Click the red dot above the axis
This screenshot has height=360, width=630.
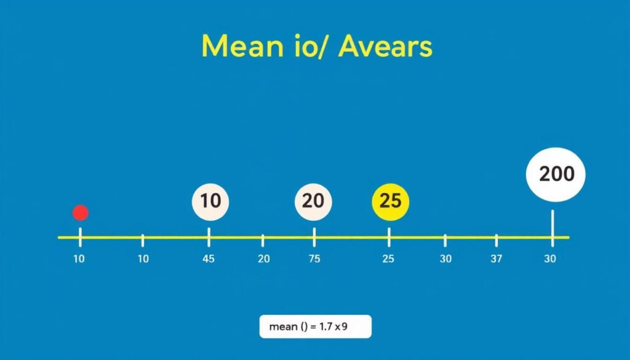tap(81, 213)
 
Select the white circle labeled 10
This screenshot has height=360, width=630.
tap(210, 201)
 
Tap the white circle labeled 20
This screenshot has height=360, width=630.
tap(314, 201)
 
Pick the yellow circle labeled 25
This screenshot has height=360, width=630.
tap(391, 201)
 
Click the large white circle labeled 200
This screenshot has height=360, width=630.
tap(556, 174)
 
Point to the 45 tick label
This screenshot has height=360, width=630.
tap(209, 259)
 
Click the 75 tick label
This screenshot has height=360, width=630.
tap(314, 259)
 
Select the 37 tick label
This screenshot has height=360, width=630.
tap(496, 259)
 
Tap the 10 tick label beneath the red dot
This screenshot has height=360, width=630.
tap(79, 259)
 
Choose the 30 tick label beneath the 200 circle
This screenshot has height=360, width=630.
tap(550, 259)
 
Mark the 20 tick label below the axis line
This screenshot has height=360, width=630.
tap(263, 259)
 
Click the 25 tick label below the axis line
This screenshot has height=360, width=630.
tap(388, 259)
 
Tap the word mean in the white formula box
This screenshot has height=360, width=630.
tap(282, 327)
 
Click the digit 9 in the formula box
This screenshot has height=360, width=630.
tap(345, 327)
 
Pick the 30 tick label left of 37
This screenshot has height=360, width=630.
tap(445, 259)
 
